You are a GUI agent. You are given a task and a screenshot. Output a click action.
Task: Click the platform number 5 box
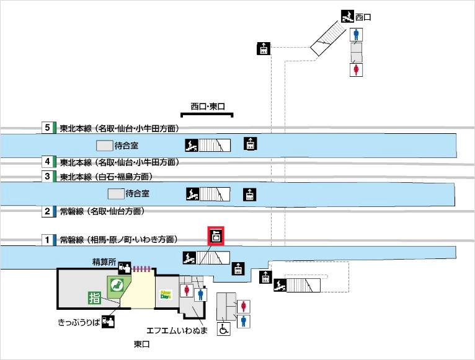47,128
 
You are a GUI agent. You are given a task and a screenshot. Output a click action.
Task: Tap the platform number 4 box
47,162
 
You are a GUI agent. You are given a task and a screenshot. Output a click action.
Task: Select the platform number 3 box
47,177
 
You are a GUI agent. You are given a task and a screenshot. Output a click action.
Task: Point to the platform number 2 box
47,211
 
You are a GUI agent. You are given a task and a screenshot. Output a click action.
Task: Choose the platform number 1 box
47,239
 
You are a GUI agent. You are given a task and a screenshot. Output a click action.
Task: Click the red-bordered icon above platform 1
216,235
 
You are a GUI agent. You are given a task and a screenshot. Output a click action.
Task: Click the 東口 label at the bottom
142,344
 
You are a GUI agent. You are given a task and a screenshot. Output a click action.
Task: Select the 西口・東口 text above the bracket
207,106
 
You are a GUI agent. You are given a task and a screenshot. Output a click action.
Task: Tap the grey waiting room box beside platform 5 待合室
105,146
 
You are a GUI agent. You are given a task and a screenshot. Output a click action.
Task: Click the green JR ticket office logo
115,286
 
